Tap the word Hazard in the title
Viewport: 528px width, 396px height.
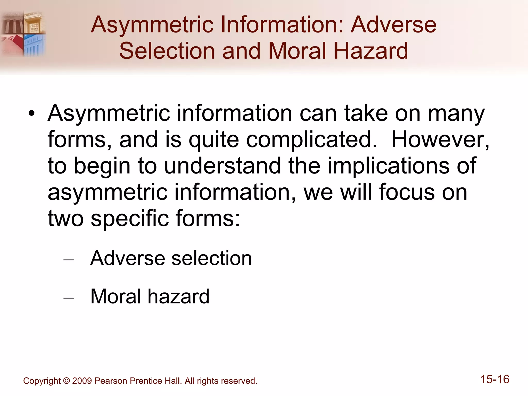click(x=371, y=51)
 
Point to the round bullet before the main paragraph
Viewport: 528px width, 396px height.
click(x=31, y=114)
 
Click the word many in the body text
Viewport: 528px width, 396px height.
click(x=456, y=114)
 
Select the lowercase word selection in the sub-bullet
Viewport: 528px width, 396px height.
click(x=211, y=258)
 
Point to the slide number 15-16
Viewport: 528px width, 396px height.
click(x=495, y=379)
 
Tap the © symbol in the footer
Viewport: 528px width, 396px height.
click(x=66, y=381)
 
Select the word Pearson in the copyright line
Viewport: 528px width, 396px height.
click(x=111, y=381)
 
